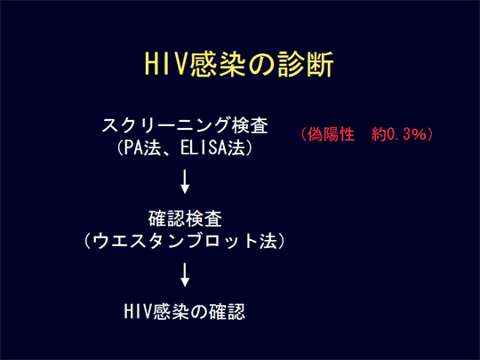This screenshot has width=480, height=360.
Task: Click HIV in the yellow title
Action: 166,64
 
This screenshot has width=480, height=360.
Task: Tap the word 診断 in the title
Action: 306,64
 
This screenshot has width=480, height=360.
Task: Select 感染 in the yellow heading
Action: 217,64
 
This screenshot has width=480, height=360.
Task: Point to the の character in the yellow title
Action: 261,65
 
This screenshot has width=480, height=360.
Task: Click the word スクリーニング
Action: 165,125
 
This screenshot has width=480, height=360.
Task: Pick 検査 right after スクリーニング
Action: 250,125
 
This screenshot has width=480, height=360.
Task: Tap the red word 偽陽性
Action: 331,134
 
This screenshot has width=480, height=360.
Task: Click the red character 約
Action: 379,134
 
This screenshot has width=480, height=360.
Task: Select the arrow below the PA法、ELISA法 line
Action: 185,181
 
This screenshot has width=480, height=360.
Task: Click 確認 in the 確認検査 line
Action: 166,219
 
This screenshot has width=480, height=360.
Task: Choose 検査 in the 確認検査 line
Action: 204,219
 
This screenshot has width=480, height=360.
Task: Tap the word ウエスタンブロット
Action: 174,241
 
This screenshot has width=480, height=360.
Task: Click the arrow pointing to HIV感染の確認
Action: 185,275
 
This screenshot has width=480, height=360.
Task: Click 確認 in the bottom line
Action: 227,311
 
